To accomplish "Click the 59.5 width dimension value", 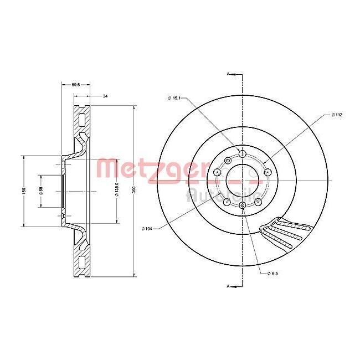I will [76, 85].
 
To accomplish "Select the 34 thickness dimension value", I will [105, 96].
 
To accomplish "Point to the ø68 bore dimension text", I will [40, 191].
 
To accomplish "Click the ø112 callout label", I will [337, 115].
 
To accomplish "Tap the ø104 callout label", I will [147, 228].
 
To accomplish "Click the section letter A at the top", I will [228, 73].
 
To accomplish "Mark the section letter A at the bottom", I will [228, 286].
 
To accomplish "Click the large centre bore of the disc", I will [242, 179].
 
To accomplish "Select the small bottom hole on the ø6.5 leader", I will [242, 206].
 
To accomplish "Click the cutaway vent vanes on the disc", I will [282, 233].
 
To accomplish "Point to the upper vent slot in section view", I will [81, 119].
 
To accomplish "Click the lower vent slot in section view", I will [81, 261].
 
